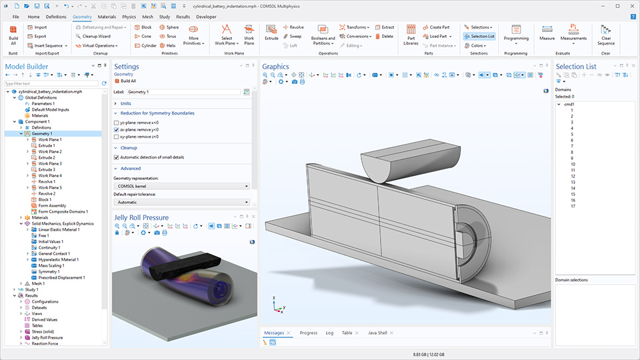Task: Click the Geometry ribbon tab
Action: [x=83, y=16]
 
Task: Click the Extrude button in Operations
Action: [x=271, y=33]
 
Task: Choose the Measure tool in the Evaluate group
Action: [x=547, y=33]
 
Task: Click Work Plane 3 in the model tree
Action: [x=50, y=163]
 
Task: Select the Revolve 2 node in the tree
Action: [x=47, y=193]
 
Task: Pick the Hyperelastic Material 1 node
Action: [x=58, y=259]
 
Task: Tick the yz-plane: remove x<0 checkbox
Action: [x=117, y=123]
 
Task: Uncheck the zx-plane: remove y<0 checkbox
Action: [x=117, y=129]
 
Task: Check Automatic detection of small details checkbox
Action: [x=117, y=157]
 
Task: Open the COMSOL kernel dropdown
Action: [x=182, y=186]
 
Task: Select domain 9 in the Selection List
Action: [x=572, y=158]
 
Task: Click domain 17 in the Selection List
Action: [x=573, y=206]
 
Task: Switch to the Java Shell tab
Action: [x=378, y=333]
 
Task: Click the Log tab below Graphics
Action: [x=329, y=333]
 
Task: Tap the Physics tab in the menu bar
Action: [x=129, y=16]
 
